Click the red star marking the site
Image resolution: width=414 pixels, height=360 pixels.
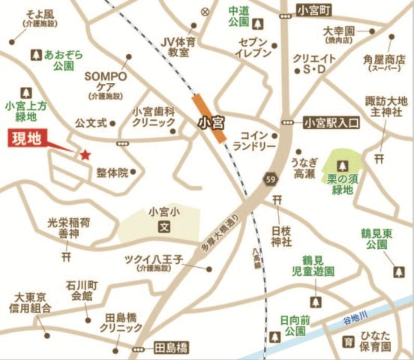85,154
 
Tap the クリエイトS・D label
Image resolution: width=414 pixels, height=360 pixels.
313,64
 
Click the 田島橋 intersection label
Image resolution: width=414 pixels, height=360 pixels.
169,349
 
